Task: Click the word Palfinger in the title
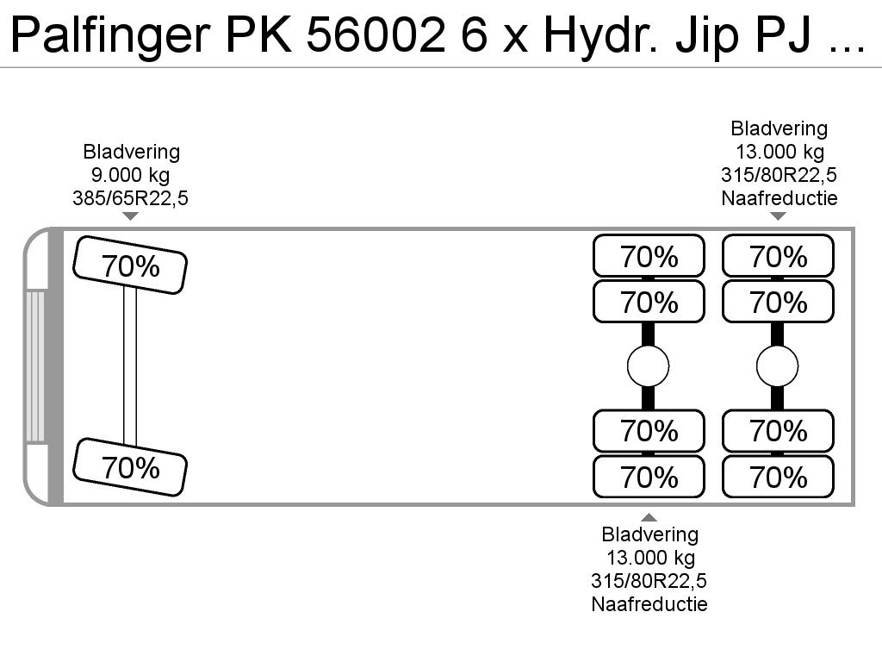111,34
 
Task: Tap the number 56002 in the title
376,34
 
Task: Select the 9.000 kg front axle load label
131,175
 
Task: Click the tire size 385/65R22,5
131,198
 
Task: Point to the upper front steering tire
130,265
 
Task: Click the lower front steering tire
130,467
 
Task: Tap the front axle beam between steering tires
130,365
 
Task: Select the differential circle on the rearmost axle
778,366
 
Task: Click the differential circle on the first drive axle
648,366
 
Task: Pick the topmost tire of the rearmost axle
778,256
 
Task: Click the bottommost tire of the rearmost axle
778,477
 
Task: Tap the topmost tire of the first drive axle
649,256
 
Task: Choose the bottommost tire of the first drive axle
649,477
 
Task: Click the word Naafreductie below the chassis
649,604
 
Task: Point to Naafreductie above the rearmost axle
779,198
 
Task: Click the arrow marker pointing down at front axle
131,216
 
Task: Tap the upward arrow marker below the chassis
649,517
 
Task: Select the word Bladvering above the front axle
131,152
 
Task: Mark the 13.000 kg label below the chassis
650,558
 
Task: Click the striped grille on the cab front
34,365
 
